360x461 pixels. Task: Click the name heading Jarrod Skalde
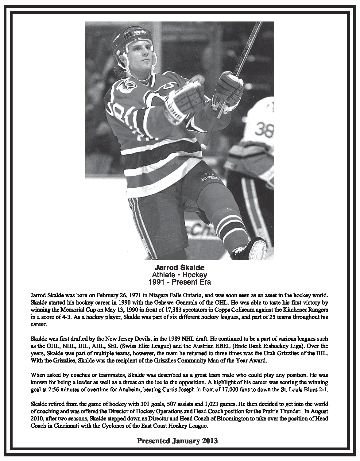pyautogui.click(x=180, y=267)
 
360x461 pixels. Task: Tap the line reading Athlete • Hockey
pyautogui.click(x=180, y=275)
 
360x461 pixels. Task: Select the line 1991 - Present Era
pyautogui.click(x=180, y=282)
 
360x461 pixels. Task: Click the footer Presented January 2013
pyautogui.click(x=177, y=441)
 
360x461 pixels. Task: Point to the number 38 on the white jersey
pyautogui.click(x=264, y=130)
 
